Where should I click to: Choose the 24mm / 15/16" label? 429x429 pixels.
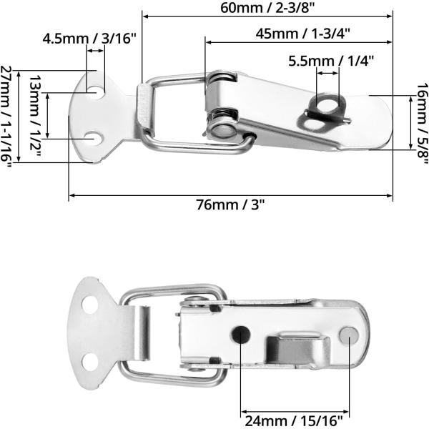tap(295, 420)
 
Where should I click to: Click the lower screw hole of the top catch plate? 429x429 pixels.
tap(92, 136)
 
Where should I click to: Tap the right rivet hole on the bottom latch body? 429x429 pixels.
tap(348, 333)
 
